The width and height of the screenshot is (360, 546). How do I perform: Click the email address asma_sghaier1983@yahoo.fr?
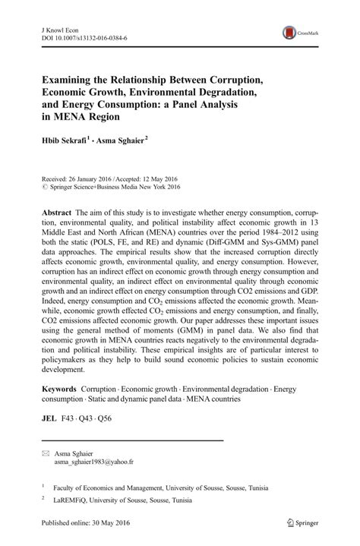93,461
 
